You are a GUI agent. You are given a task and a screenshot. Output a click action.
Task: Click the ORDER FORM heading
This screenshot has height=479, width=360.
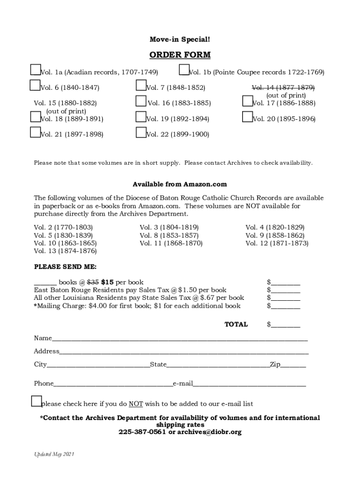tap(180, 55)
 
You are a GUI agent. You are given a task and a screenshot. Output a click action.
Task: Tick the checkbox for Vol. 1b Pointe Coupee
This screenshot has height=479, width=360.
tap(184, 70)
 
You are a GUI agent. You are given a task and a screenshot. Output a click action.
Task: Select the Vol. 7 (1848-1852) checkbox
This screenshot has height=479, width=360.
tap(141, 85)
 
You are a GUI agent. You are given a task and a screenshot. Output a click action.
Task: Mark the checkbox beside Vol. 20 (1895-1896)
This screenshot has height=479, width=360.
tap(247, 117)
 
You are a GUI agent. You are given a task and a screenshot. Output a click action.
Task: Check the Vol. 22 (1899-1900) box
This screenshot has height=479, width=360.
tap(141, 132)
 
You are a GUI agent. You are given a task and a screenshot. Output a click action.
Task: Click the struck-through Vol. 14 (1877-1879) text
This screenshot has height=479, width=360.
tap(283, 87)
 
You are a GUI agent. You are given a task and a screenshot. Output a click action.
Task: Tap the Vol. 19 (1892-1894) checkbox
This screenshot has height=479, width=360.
tap(141, 117)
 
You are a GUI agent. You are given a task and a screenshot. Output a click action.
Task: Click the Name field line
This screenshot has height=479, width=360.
tap(180, 338)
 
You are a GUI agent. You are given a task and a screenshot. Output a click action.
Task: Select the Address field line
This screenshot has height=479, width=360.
tap(184, 351)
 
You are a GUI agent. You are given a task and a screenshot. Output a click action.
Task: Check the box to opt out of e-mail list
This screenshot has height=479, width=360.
tap(36, 401)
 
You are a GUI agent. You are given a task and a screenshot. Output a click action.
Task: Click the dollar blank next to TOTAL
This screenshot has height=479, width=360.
tap(286, 324)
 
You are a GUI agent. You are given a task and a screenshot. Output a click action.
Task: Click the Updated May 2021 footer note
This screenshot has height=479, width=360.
tap(54, 454)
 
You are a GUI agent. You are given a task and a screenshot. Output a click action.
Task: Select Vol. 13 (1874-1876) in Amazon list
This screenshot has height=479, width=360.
tap(65, 251)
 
